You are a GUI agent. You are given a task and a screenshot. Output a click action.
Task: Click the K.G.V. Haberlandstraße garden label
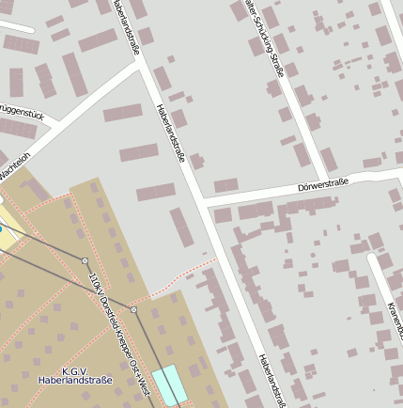pos(75,376)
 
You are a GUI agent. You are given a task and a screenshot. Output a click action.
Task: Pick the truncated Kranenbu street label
pos(395,320)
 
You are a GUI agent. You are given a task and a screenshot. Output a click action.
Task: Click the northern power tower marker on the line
pos(85,260)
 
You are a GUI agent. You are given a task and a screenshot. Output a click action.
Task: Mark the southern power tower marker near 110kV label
pos(134,309)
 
